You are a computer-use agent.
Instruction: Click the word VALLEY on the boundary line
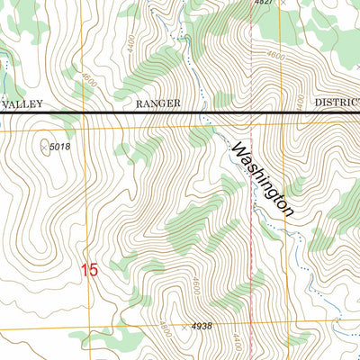point(17,103)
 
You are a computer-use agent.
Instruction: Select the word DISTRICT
point(337,103)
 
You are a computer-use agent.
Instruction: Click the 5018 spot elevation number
point(59,147)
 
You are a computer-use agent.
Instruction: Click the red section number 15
point(88,269)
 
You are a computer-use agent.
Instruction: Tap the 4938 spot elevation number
point(202,327)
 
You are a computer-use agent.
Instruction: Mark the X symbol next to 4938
point(184,328)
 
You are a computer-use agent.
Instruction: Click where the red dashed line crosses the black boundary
point(249,112)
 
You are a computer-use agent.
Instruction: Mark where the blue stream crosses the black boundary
point(200,112)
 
